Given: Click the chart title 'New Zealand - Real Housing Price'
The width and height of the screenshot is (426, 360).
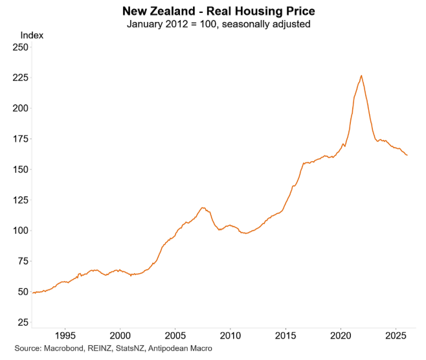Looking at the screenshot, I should [x=212, y=12].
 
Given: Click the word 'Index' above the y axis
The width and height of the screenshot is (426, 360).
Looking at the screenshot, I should [x=32, y=35].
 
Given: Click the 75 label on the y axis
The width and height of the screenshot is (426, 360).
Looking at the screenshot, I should [x=23, y=261].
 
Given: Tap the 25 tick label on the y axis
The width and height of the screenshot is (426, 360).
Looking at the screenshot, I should [x=23, y=322].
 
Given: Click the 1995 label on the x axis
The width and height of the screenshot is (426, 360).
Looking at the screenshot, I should [x=65, y=336].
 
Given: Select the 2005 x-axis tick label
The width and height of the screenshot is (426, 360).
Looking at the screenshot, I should [x=175, y=336].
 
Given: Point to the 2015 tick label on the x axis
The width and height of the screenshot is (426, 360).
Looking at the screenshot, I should [x=286, y=336].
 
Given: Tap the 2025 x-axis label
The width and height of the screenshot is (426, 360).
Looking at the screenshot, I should [x=396, y=336].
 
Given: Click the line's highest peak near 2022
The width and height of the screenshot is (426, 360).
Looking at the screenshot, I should [x=361, y=76].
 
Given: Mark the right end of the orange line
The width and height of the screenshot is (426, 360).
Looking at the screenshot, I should [x=407, y=155].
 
